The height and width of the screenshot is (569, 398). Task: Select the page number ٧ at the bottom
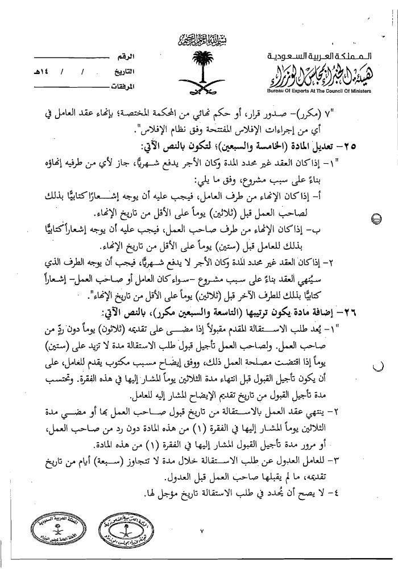201,531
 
